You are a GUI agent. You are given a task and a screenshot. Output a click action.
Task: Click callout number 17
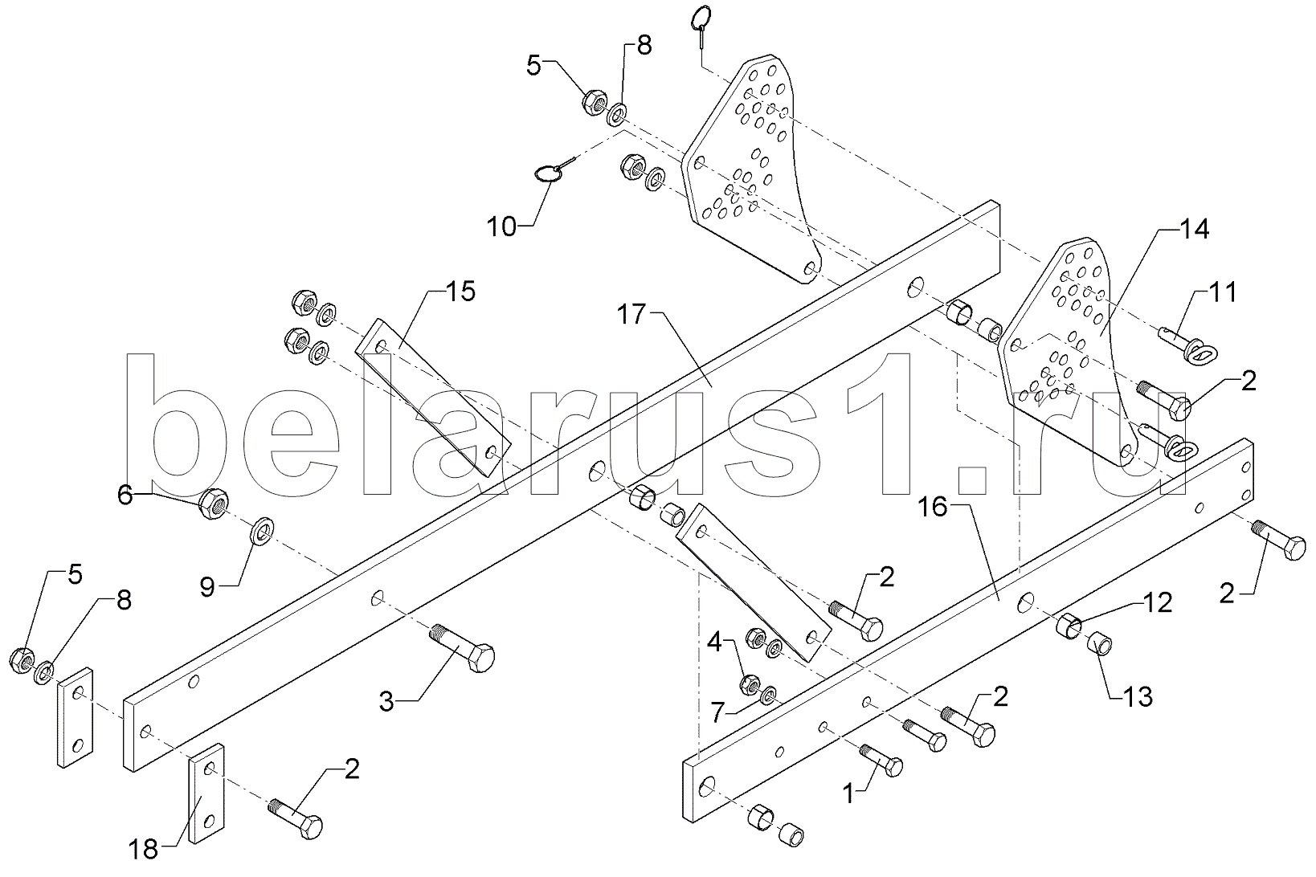coord(631,315)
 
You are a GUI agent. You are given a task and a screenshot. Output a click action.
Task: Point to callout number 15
coord(460,291)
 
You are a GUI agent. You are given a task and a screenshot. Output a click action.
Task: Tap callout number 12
coord(1158,602)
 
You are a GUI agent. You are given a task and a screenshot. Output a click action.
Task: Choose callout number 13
coord(1137,696)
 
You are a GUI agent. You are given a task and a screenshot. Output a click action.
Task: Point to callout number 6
coord(125,496)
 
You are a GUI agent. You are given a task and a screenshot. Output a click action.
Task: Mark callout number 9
coord(207,588)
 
